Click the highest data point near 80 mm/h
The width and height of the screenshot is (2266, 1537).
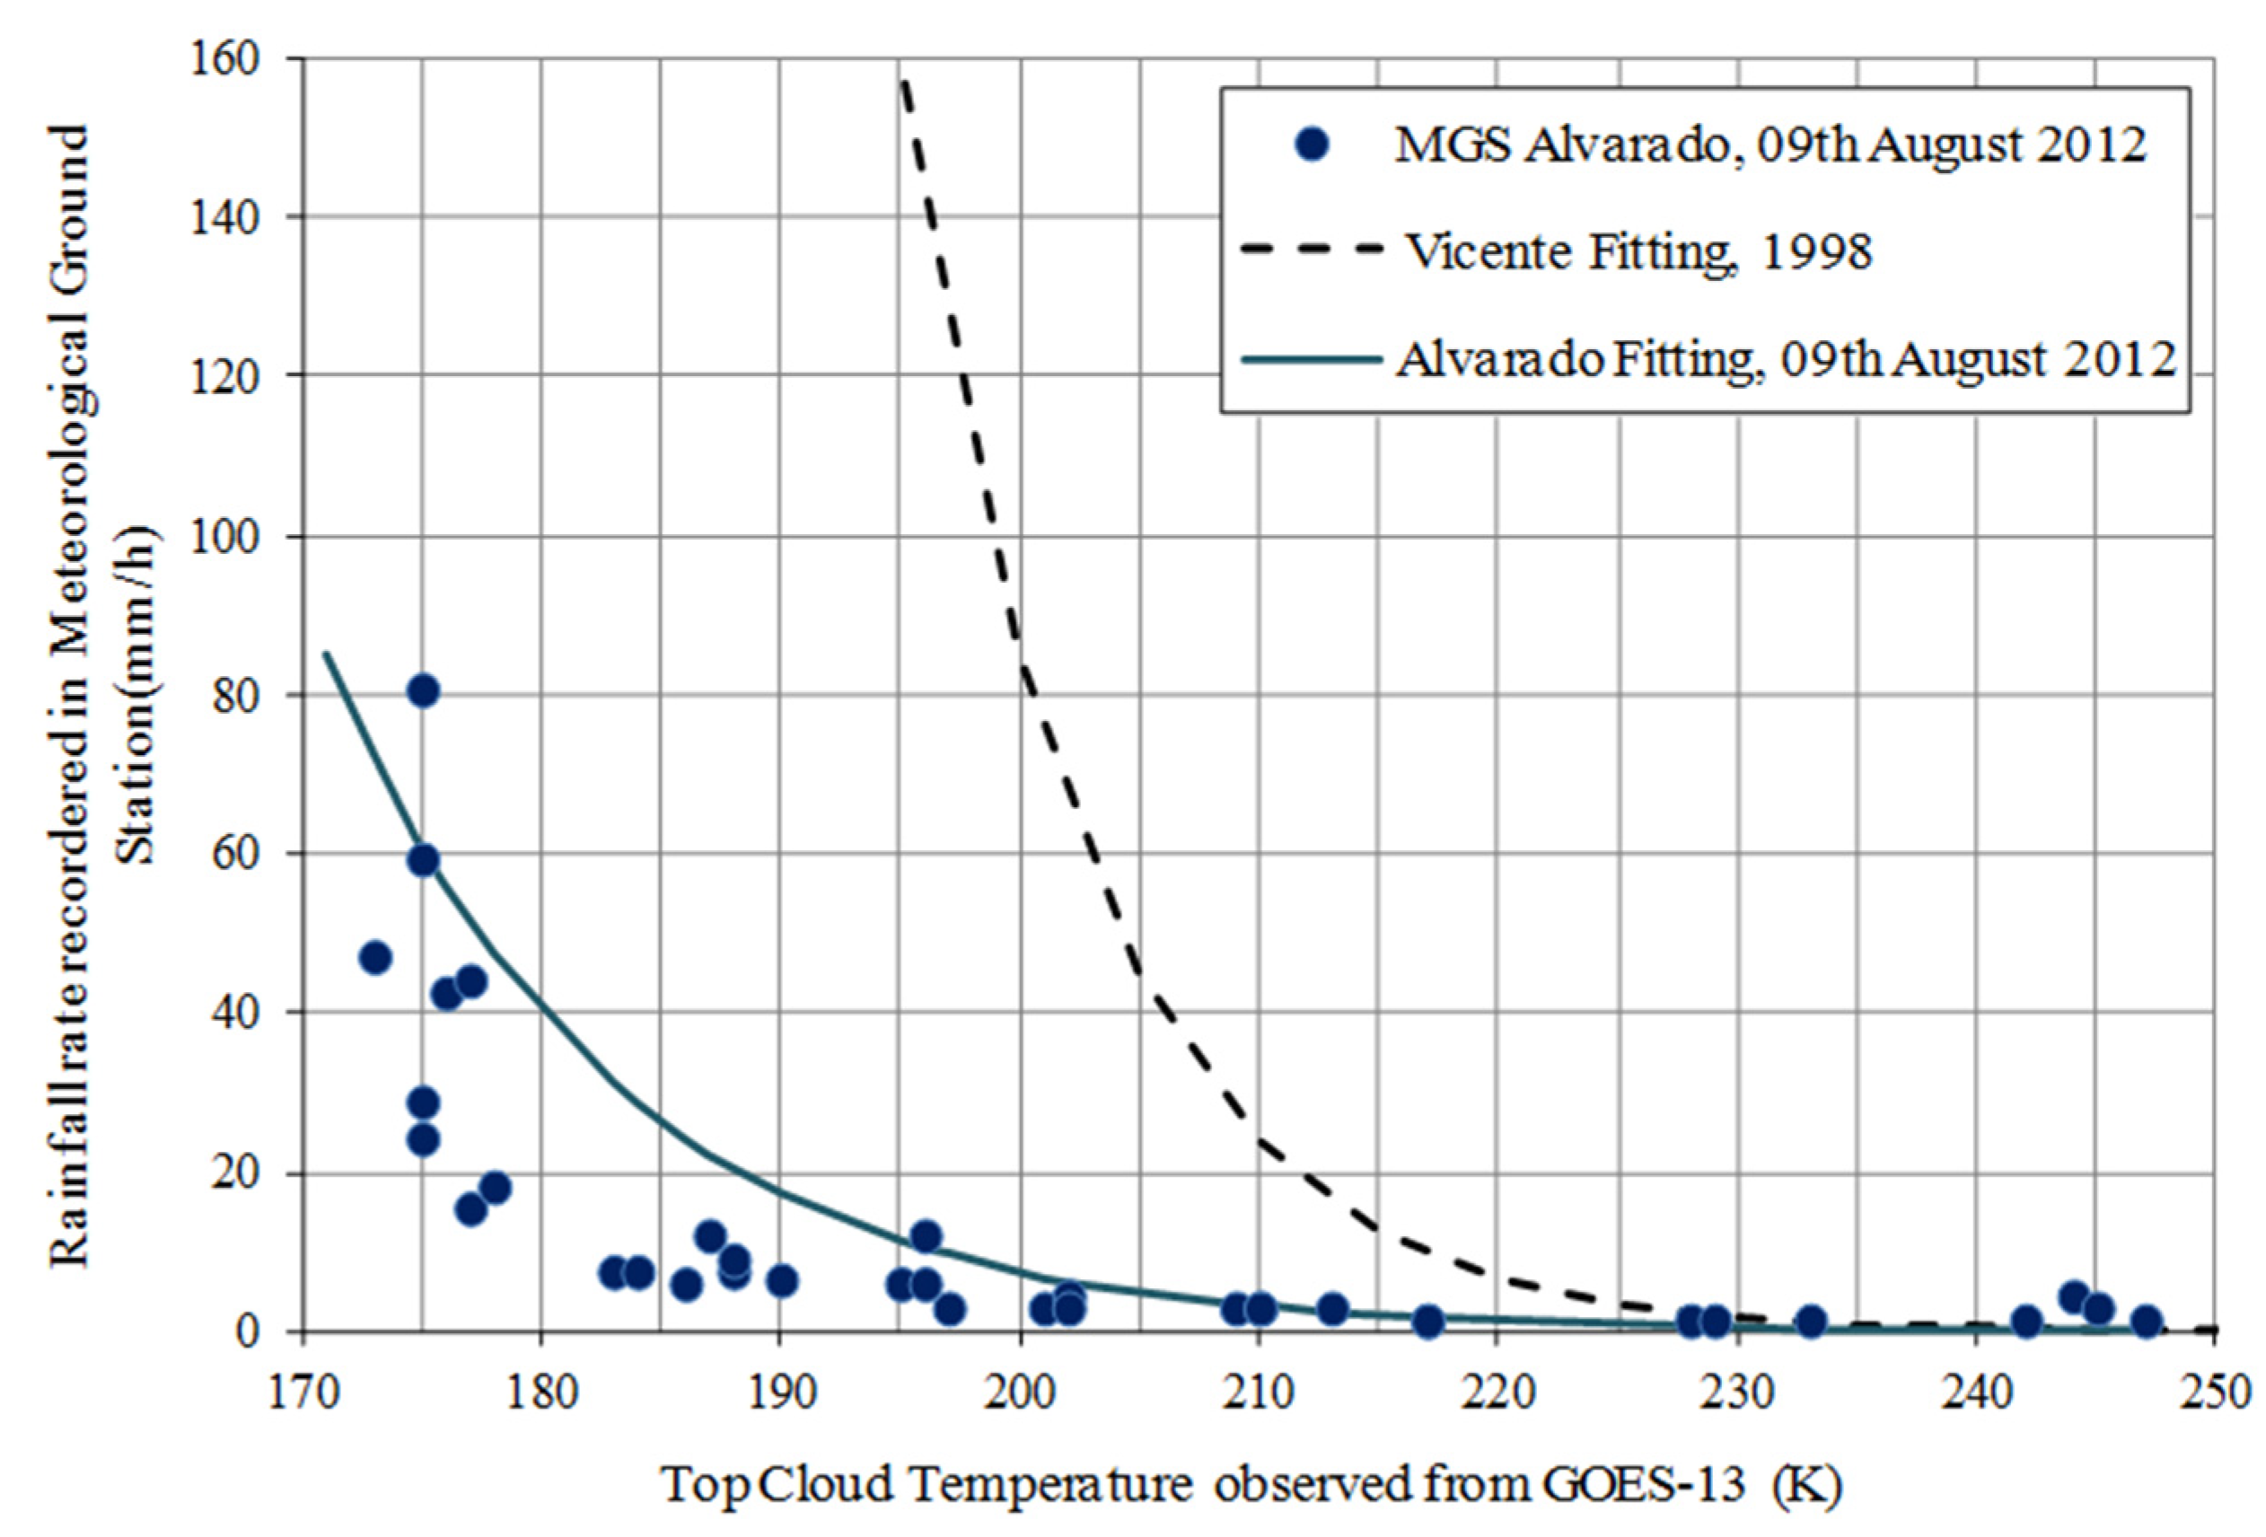[x=422, y=691]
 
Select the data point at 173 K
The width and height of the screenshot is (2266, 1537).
[x=375, y=958]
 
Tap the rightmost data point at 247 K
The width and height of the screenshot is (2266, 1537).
[x=2146, y=1322]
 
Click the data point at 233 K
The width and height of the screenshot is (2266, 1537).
[x=1811, y=1322]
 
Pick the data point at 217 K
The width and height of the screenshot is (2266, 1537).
[x=1427, y=1322]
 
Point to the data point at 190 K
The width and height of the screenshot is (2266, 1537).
[x=782, y=1280]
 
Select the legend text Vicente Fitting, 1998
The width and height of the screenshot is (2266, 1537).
[x=1638, y=252]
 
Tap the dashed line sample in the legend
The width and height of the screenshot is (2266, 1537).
[x=1313, y=250]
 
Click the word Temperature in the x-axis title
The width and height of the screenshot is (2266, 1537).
[x=1053, y=1485]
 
